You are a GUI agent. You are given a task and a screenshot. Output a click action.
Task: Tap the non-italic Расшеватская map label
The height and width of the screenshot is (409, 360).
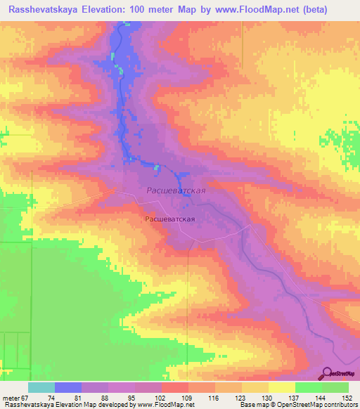[169, 219]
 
